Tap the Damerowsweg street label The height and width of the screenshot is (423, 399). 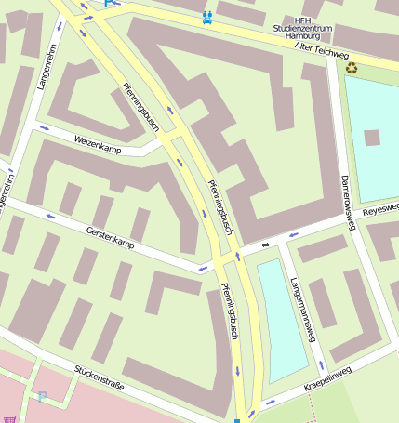pos(347,195)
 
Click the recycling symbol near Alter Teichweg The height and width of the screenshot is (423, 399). pos(352,67)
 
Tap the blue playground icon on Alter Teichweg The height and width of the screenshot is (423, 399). pos(206,17)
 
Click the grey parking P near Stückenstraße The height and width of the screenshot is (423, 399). pos(42,397)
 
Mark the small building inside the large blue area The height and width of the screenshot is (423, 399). pos(372,138)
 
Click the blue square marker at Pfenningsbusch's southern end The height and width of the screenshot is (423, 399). pos(237,420)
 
